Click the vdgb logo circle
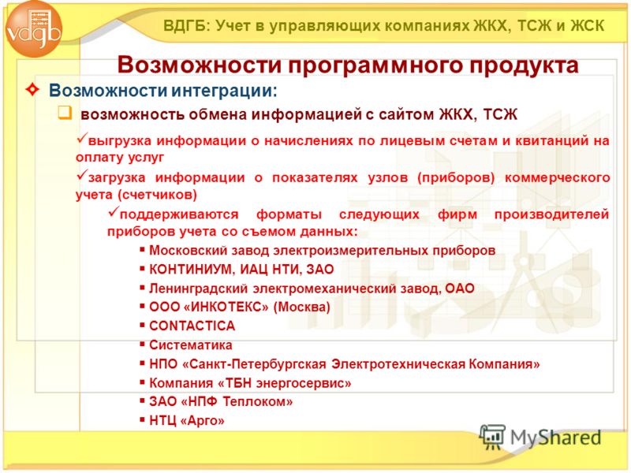click(x=34, y=29)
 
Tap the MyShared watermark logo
click(x=540, y=438)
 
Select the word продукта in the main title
click(x=524, y=65)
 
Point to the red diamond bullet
click(x=32, y=89)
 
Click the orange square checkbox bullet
click(x=65, y=113)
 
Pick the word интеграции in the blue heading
click(x=224, y=91)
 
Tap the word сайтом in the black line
click(x=406, y=114)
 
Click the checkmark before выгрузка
click(x=82, y=139)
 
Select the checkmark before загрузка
click(x=82, y=175)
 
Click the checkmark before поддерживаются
click(x=114, y=211)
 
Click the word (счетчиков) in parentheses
click(x=157, y=195)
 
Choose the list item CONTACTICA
click(x=192, y=326)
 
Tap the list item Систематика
click(x=191, y=345)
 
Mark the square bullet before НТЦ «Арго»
click(x=142, y=420)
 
